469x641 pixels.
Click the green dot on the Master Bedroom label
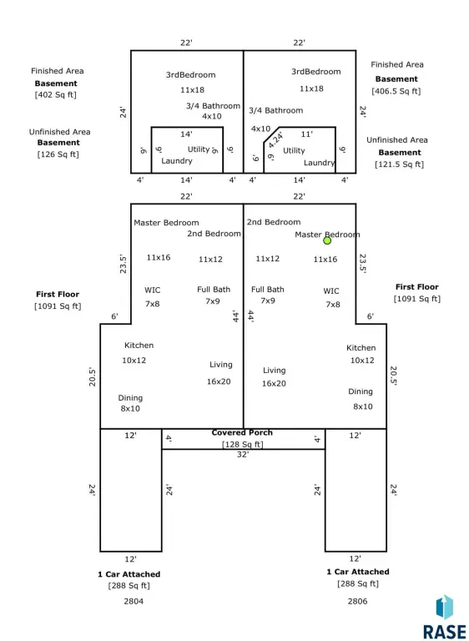pyautogui.click(x=327, y=240)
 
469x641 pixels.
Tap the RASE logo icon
pyautogui.click(x=445, y=608)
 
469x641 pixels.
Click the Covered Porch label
pyautogui.click(x=242, y=432)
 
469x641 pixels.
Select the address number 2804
pyautogui.click(x=134, y=601)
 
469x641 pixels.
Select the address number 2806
pyautogui.click(x=358, y=601)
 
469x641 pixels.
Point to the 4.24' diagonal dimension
pyautogui.click(x=276, y=140)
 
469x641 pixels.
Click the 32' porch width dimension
pyautogui.click(x=243, y=455)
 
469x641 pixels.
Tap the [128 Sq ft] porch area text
pyautogui.click(x=243, y=444)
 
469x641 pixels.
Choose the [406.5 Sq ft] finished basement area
pyautogui.click(x=396, y=91)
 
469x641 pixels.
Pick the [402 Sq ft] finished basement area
pyautogui.click(x=56, y=95)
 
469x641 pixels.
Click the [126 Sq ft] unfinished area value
pyautogui.click(x=58, y=154)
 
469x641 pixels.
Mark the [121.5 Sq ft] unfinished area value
pyautogui.click(x=400, y=164)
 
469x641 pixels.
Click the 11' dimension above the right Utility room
pyautogui.click(x=307, y=134)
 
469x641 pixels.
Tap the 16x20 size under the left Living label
pyautogui.click(x=219, y=381)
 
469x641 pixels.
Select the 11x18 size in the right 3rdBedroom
pyautogui.click(x=311, y=88)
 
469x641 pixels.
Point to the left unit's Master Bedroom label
pyautogui.click(x=166, y=223)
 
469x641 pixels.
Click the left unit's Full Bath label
pyautogui.click(x=214, y=290)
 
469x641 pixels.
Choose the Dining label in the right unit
pyautogui.click(x=361, y=391)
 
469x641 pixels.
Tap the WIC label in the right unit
pyautogui.click(x=331, y=291)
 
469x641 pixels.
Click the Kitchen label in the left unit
pyautogui.click(x=139, y=346)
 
